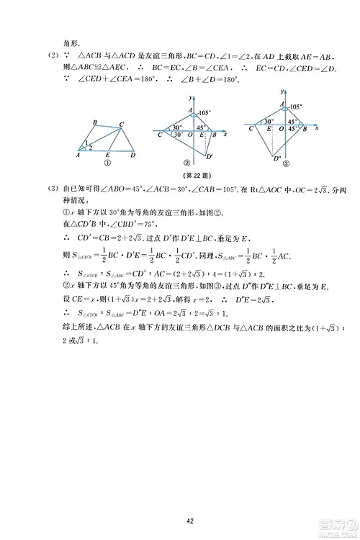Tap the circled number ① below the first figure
point(106,163)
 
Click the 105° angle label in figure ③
point(295,107)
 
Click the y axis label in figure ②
point(186,97)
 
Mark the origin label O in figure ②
point(189,135)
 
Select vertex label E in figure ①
point(107,156)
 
